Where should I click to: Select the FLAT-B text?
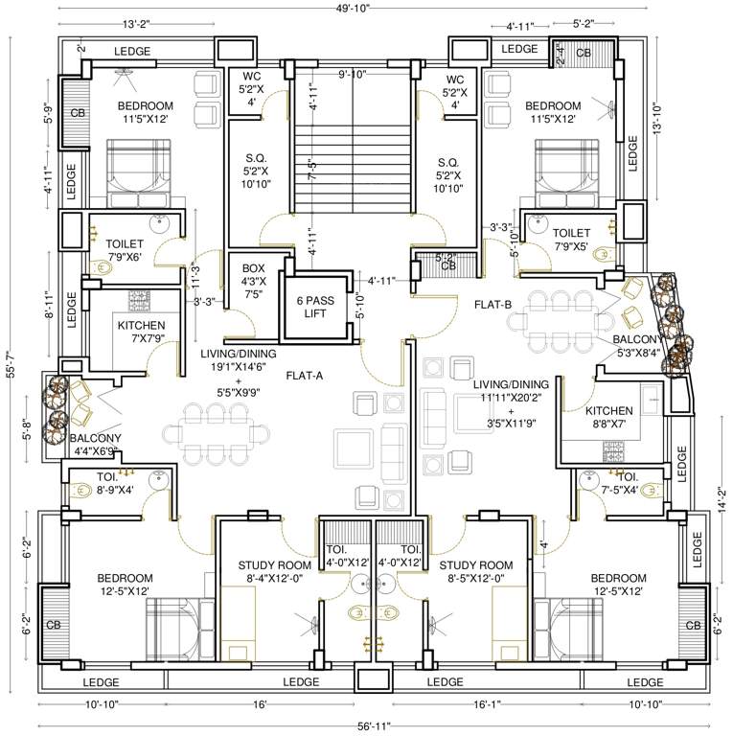click(493, 304)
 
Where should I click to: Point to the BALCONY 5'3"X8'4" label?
click(637, 346)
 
